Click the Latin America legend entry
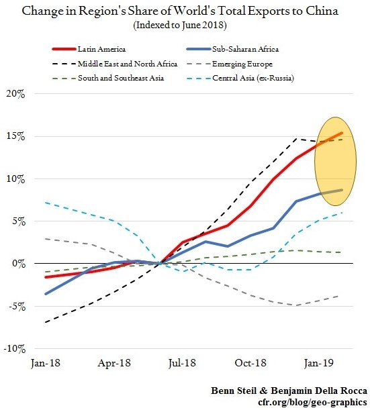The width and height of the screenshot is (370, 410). [x=89, y=49]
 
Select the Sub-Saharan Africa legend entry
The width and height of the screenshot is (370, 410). [x=232, y=49]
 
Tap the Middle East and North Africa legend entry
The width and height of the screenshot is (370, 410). [x=115, y=64]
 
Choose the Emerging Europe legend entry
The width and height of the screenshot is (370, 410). [x=230, y=64]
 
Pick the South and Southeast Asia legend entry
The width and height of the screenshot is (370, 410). [x=108, y=78]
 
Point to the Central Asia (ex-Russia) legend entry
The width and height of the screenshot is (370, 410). [x=240, y=79]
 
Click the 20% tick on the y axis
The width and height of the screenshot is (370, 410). [x=15, y=94]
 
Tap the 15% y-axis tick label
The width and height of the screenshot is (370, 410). [x=15, y=136]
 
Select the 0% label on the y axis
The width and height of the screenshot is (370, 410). [x=19, y=263]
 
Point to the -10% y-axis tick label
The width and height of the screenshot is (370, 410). [x=15, y=348]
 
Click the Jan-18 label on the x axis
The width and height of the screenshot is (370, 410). [x=46, y=363]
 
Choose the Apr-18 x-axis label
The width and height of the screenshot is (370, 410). [x=114, y=363]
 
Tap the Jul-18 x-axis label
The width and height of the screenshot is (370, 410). [x=182, y=363]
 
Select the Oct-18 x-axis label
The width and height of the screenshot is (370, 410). [x=250, y=363]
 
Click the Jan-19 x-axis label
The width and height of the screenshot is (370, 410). [x=319, y=363]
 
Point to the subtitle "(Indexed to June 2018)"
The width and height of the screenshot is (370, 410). [x=180, y=25]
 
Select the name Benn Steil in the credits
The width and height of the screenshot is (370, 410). [x=234, y=391]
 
